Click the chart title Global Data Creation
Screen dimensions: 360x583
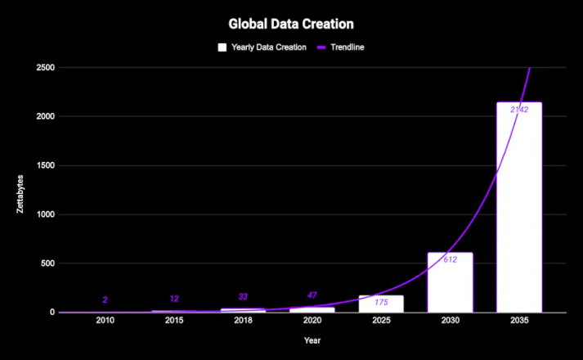[291, 25]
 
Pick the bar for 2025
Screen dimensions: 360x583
[381, 304]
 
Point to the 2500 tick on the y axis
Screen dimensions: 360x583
[45, 68]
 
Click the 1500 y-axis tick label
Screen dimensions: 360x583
[45, 166]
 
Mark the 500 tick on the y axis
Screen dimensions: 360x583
[47, 263]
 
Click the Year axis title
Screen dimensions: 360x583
[312, 340]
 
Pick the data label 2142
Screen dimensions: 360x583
[518, 110]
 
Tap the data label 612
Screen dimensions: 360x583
[450, 259]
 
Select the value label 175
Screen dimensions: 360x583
[381, 302]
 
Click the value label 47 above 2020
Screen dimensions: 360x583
[312, 295]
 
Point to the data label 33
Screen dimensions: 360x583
[243, 297]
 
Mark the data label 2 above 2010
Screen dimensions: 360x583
[105, 300]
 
